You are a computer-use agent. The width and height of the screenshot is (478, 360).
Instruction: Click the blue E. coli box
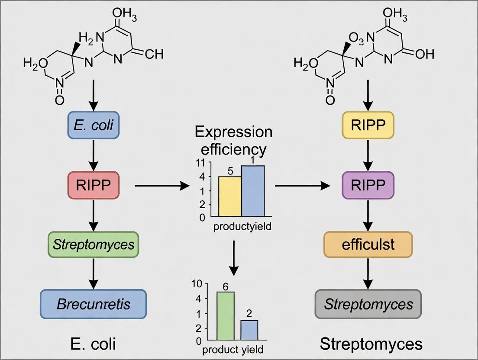click(x=93, y=125)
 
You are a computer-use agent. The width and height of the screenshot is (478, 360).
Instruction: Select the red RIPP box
click(x=93, y=185)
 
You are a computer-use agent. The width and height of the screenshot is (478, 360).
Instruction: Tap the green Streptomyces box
click(x=94, y=245)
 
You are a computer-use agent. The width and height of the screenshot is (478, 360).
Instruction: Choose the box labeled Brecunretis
click(x=94, y=304)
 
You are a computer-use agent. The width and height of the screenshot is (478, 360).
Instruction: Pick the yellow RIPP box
click(x=368, y=125)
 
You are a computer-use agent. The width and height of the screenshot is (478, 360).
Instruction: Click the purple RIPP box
click(x=368, y=185)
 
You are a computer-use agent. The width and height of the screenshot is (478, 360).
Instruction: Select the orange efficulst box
click(x=368, y=244)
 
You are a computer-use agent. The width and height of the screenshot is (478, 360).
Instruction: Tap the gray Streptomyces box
click(x=368, y=304)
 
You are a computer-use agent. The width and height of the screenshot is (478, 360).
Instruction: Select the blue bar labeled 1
click(x=253, y=191)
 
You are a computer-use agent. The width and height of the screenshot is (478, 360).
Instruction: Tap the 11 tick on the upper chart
click(x=200, y=164)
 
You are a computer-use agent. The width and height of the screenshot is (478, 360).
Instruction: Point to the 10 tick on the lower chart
click(x=197, y=284)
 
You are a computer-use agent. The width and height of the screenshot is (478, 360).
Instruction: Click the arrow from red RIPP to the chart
click(x=162, y=186)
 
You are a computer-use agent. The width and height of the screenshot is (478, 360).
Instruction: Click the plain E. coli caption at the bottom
click(x=93, y=344)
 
